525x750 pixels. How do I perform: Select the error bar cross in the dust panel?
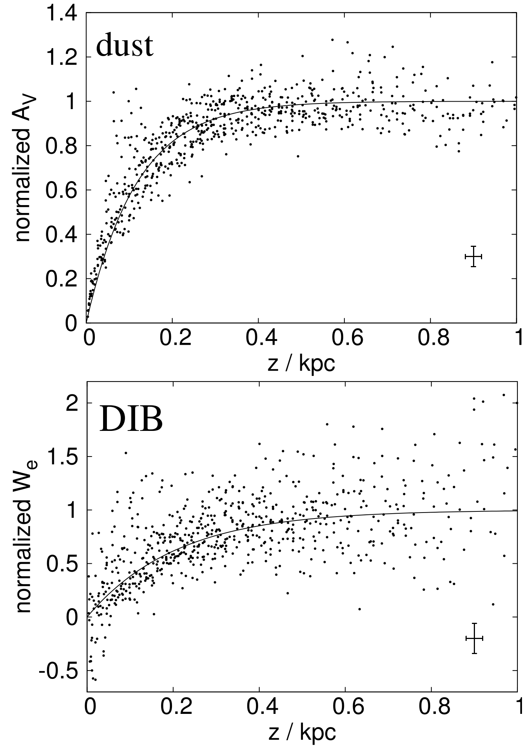pos(473,257)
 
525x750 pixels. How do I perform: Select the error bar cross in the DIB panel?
pos(474,638)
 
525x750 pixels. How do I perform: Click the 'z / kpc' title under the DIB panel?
pos(301,732)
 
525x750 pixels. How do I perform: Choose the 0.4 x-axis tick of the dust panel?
pos(258,338)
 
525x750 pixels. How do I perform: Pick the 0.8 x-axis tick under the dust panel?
pos(430,338)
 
